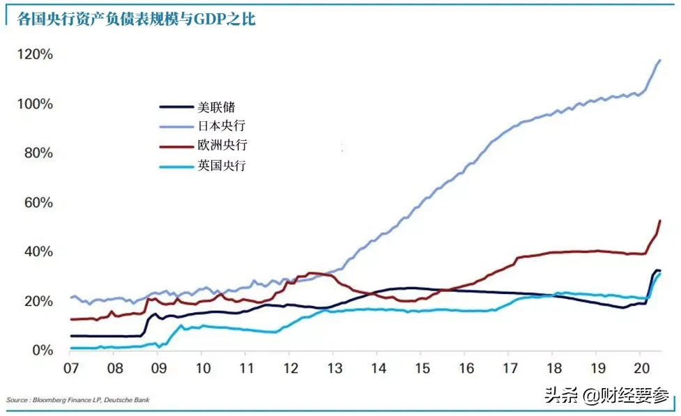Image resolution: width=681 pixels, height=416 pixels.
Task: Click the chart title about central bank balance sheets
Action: (136, 20)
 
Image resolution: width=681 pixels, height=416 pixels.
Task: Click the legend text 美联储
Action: (216, 107)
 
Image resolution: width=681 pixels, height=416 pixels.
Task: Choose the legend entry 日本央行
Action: (222, 126)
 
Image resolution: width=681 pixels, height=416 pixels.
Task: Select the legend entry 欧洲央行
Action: (222, 146)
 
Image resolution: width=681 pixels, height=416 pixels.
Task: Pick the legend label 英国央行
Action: (222, 165)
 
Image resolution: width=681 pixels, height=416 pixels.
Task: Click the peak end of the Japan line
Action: (659, 61)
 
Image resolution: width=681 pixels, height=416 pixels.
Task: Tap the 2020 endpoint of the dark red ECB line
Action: (659, 221)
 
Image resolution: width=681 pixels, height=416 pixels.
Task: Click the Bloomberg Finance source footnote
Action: (77, 400)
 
